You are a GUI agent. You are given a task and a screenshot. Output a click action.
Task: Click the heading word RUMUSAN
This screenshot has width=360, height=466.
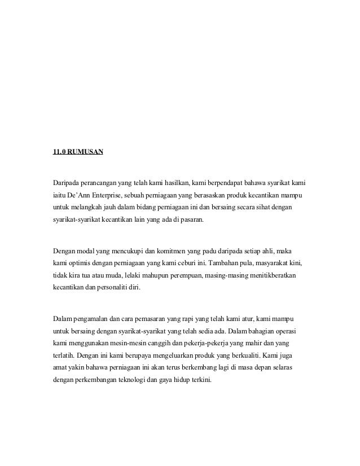point(85,152)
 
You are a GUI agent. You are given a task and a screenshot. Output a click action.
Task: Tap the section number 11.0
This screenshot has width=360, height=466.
point(58,152)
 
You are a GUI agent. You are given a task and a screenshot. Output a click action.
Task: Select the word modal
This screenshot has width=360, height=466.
point(88,249)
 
